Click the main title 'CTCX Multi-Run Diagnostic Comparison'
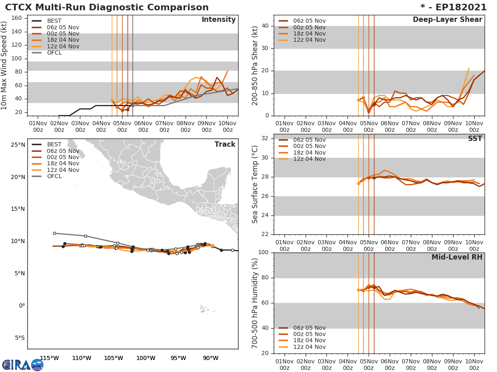click(107, 7)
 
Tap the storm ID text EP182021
click(459, 7)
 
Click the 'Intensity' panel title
click(218, 20)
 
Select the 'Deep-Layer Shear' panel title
click(447, 20)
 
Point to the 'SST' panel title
click(475, 138)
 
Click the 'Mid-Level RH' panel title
click(457, 257)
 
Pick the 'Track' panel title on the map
click(224, 144)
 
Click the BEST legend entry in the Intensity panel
click(54, 21)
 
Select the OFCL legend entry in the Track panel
click(54, 176)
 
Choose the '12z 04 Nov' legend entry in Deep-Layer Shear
click(309, 40)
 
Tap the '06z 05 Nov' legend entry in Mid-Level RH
click(309, 328)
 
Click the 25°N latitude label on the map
click(18, 145)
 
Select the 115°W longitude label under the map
click(49, 358)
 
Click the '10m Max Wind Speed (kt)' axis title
click(5, 66)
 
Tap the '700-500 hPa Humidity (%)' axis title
click(255, 303)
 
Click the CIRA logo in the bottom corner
click(22, 365)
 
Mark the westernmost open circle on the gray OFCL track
click(54, 233)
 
